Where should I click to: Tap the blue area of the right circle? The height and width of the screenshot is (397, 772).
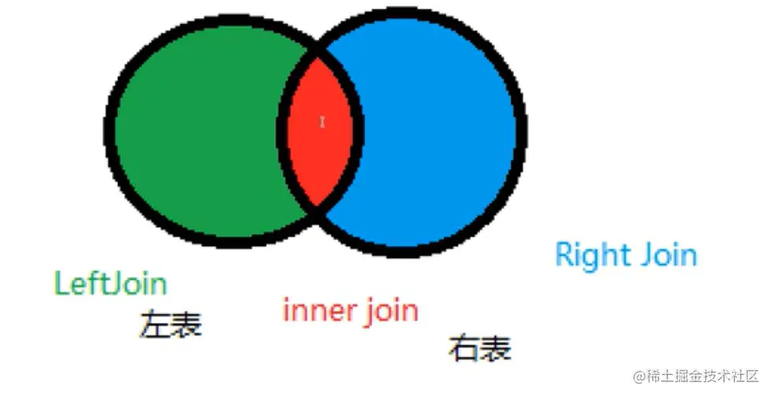[x=433, y=130]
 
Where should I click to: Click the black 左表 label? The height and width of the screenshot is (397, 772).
[x=171, y=324]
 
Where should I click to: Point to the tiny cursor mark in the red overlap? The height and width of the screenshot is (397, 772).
[x=322, y=122]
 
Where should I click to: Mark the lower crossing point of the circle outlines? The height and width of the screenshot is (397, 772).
[x=317, y=207]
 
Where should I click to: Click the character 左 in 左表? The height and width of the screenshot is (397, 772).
[x=155, y=324]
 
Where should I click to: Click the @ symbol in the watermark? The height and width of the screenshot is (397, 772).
[x=639, y=377]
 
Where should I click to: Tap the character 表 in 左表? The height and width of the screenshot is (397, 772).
[x=187, y=324]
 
